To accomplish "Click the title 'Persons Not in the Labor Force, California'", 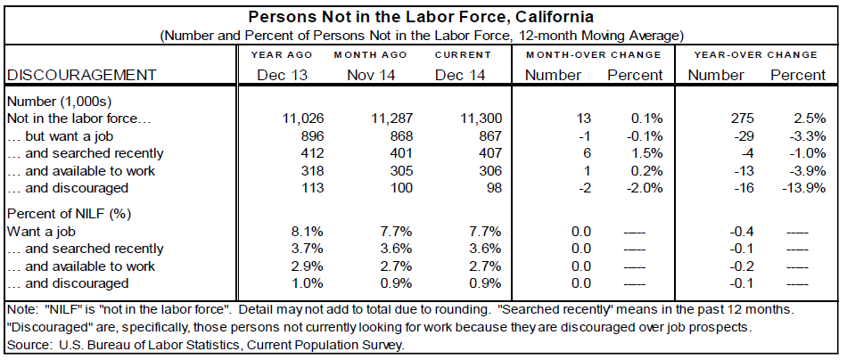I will (422, 17).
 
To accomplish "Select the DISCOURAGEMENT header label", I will (81, 74).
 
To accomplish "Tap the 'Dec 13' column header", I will (282, 74).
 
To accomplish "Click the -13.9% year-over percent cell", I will (802, 188).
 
